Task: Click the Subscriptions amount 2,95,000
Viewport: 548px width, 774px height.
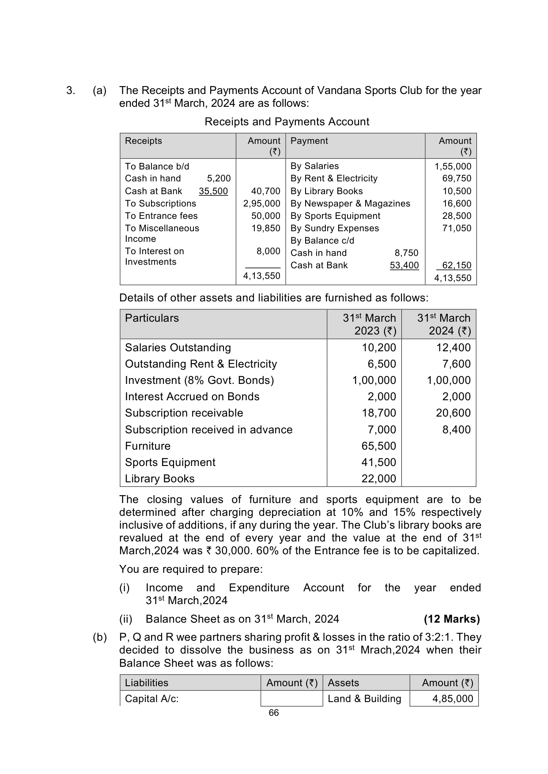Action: (x=261, y=203)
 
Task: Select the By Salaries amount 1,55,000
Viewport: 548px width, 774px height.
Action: (x=453, y=166)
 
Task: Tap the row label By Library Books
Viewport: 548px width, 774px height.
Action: (x=326, y=191)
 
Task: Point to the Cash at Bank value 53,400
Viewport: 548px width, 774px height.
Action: (x=404, y=265)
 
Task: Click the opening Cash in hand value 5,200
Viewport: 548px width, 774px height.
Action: (x=219, y=178)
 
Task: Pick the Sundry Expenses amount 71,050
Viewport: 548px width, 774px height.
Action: (x=457, y=228)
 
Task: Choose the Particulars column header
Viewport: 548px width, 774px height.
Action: (x=152, y=318)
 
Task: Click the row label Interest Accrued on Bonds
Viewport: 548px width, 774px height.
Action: (x=192, y=397)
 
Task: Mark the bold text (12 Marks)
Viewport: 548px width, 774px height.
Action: (x=451, y=619)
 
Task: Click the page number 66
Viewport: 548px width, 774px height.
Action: (x=274, y=713)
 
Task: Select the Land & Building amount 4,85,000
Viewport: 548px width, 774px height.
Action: (x=453, y=699)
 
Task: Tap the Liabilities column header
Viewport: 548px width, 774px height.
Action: (x=147, y=683)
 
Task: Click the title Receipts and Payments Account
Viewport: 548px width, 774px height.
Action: (x=287, y=122)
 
